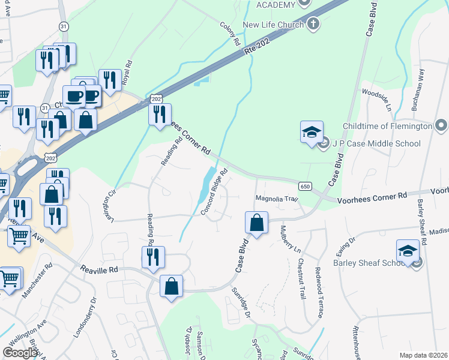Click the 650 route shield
click(306, 187)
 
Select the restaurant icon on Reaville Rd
click(153, 257)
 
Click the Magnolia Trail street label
click(277, 199)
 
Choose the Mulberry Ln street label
click(289, 238)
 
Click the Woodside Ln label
click(376, 101)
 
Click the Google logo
click(20, 353)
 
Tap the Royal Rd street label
click(127, 73)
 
